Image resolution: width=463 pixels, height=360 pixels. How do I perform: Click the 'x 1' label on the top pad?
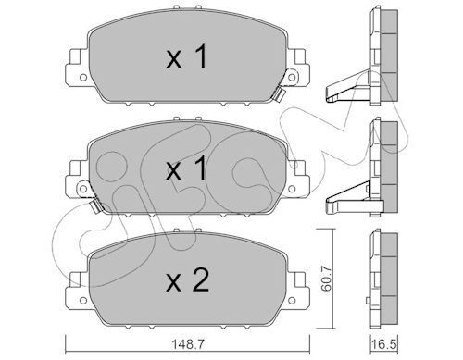coord(184,61)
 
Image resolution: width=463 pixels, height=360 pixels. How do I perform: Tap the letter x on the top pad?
coord(172,62)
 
